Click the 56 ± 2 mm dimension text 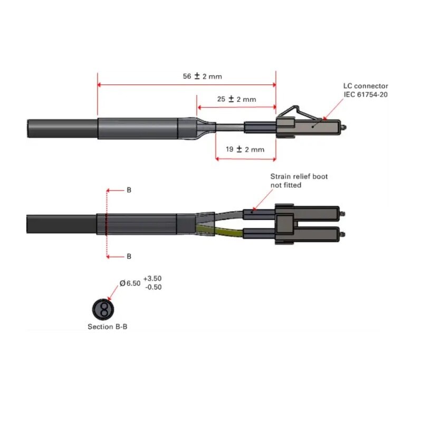pos(203,76)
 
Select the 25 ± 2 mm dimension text pos(236,99)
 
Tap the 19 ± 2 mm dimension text pos(245,149)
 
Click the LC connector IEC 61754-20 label pos(366,90)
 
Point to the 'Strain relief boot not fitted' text pos(299,181)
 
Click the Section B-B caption pos(107,327)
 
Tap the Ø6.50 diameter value pos(130,283)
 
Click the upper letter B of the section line pos(129,190)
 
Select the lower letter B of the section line pos(129,256)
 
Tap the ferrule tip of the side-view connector pos(344,127)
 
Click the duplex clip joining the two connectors pos(285,224)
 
